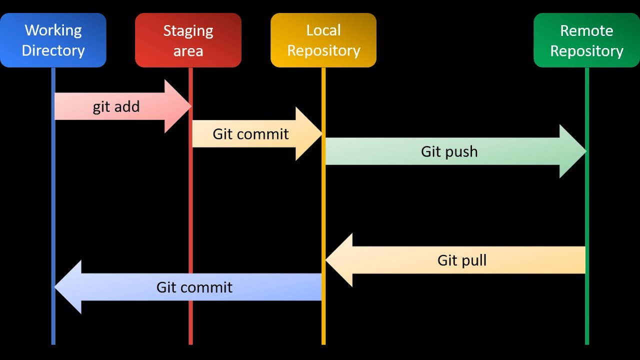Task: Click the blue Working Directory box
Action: [x=53, y=40]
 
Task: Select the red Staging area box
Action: [x=188, y=40]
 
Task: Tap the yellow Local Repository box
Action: [x=323, y=40]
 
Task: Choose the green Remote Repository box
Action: [x=586, y=40]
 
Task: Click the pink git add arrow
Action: [x=120, y=106]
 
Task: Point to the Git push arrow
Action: [x=450, y=151]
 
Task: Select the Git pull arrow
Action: [x=460, y=260]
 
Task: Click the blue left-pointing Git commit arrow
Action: [x=190, y=287]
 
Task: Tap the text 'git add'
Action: [x=116, y=107]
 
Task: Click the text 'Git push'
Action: [x=449, y=151]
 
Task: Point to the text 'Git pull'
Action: [x=461, y=260]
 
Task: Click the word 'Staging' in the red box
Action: [x=188, y=31]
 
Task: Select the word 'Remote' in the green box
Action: [x=586, y=31]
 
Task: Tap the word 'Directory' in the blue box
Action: [x=53, y=50]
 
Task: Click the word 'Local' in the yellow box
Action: [x=323, y=30]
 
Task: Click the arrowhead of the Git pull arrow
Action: [x=340, y=260]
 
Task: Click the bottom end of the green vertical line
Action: [x=587, y=343]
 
